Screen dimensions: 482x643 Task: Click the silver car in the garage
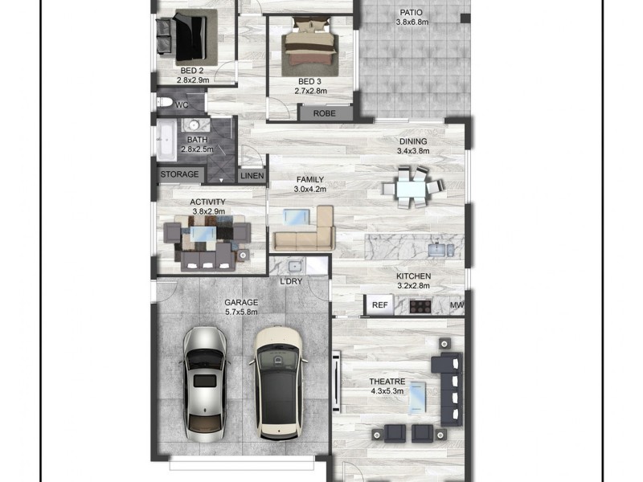tap(204, 381)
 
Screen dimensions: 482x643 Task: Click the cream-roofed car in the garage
tap(277, 382)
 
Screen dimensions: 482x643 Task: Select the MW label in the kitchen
tap(457, 305)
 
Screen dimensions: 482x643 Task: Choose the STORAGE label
tap(179, 174)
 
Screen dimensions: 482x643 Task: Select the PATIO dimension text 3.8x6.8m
tap(412, 22)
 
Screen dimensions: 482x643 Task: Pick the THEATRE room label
tap(387, 382)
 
